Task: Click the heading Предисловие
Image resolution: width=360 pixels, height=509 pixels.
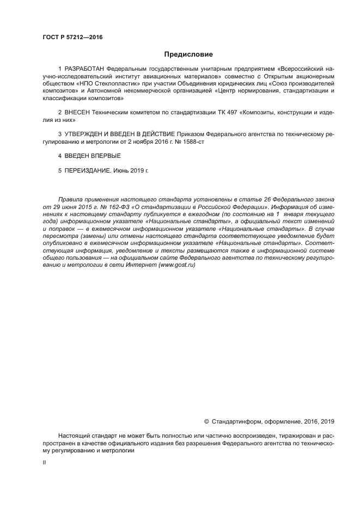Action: pyautogui.click(x=188, y=54)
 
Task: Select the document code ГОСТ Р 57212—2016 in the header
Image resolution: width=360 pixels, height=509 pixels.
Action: pyautogui.click(x=72, y=37)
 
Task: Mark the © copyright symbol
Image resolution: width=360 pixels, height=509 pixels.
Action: pyautogui.click(x=206, y=421)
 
